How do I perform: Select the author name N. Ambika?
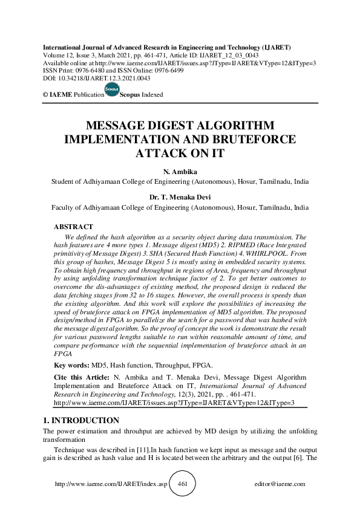tap(180, 171)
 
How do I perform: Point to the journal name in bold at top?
tap(167, 47)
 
